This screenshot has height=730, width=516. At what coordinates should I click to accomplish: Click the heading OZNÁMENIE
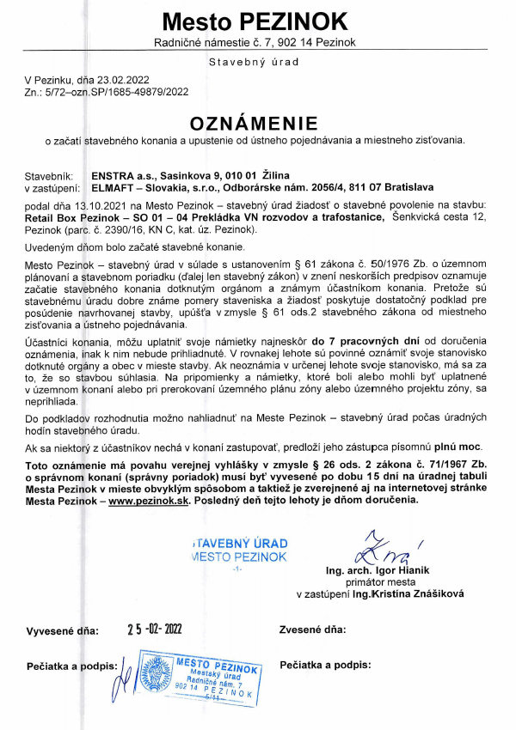click(257, 123)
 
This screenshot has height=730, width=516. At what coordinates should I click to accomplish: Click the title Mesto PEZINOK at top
click(257, 21)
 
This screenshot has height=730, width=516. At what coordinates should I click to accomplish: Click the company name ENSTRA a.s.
click(109, 175)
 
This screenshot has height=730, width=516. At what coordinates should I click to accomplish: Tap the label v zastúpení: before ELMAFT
click(52, 186)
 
